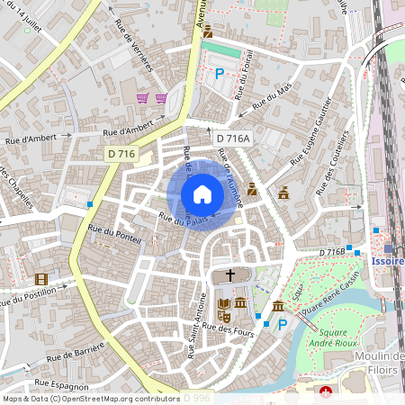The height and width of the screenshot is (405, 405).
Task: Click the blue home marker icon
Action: click(x=202, y=194)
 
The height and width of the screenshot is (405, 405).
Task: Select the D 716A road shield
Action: click(x=233, y=138)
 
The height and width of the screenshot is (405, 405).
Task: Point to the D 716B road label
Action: click(x=331, y=253)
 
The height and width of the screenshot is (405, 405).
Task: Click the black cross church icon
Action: click(x=229, y=276)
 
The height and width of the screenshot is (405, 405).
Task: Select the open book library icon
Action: click(x=223, y=303)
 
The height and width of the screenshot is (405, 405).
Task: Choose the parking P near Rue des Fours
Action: click(x=282, y=323)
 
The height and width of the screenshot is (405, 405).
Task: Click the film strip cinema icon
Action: click(x=40, y=279)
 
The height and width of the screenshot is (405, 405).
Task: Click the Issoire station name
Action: click(x=387, y=261)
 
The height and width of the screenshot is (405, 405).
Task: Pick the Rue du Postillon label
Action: click(x=28, y=297)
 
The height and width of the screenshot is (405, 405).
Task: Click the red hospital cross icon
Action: click(x=326, y=391)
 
